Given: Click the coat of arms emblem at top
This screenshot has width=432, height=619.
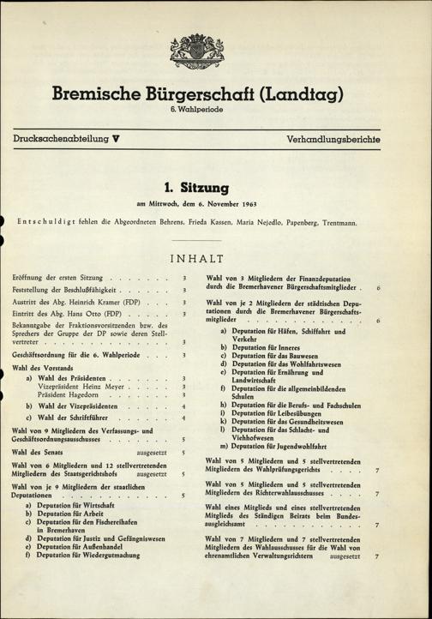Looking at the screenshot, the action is click(x=196, y=51).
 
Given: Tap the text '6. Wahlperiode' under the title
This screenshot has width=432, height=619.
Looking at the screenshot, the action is click(x=196, y=111).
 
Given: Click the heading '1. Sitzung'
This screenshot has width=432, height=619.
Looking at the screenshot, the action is click(x=195, y=186).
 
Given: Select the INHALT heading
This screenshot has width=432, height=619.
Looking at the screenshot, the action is click(x=196, y=259).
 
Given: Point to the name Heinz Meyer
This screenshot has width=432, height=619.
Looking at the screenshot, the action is click(x=105, y=387).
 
